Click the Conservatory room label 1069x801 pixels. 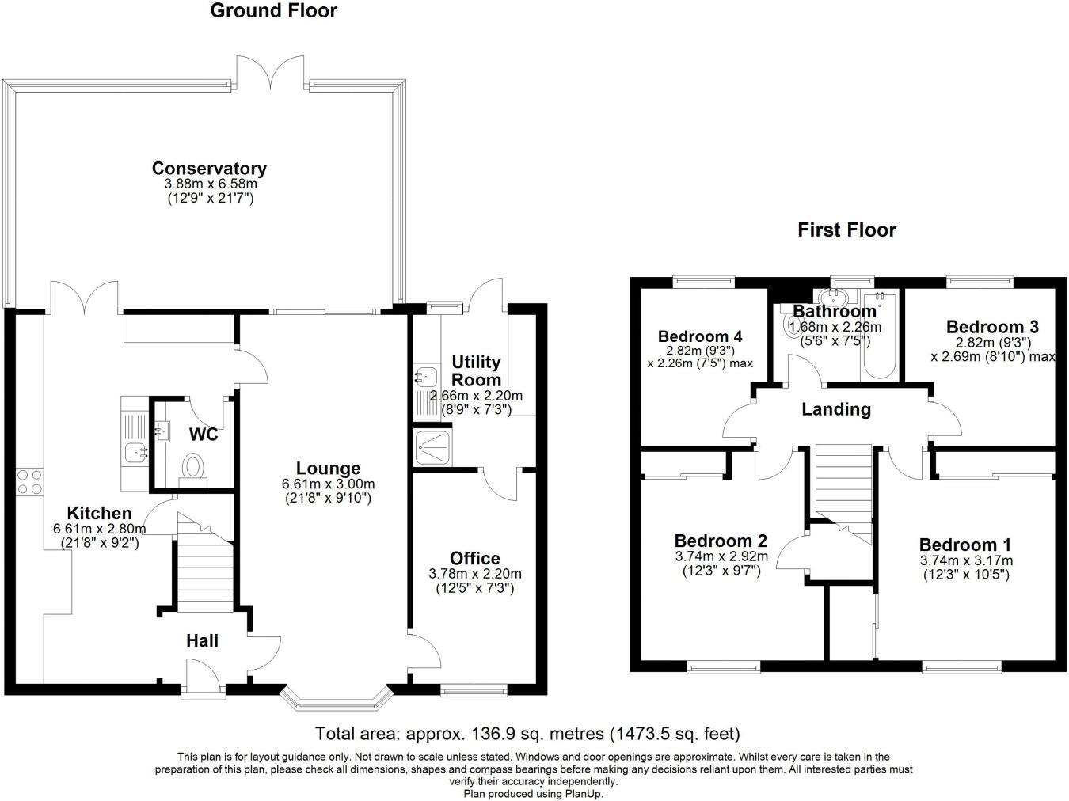click(209, 169)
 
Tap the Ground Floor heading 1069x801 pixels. click(273, 11)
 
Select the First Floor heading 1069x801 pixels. click(846, 230)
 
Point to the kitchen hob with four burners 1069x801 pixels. click(29, 482)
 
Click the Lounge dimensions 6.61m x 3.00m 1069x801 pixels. click(328, 484)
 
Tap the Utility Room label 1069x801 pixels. click(476, 370)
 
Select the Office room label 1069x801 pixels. click(475, 559)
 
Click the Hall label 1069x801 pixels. click(202, 641)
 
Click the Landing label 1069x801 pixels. click(836, 409)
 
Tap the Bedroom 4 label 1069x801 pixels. click(700, 336)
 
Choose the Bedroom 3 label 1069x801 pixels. click(992, 327)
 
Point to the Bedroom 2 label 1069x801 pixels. click(721, 541)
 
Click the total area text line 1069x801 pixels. click(527, 734)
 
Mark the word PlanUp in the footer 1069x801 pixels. click(584, 794)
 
